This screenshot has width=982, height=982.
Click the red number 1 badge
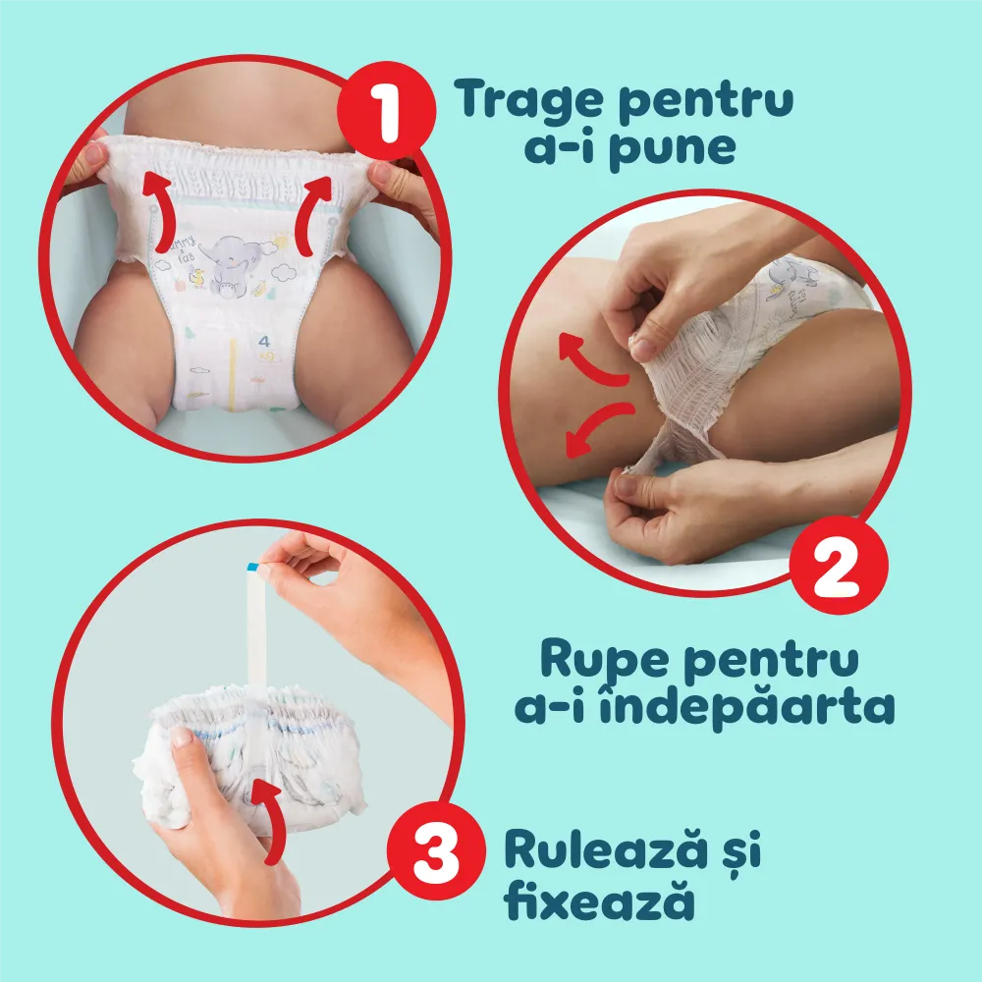point(386,116)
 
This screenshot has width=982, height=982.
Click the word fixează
point(599,902)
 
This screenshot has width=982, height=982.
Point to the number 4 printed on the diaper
point(264,343)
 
